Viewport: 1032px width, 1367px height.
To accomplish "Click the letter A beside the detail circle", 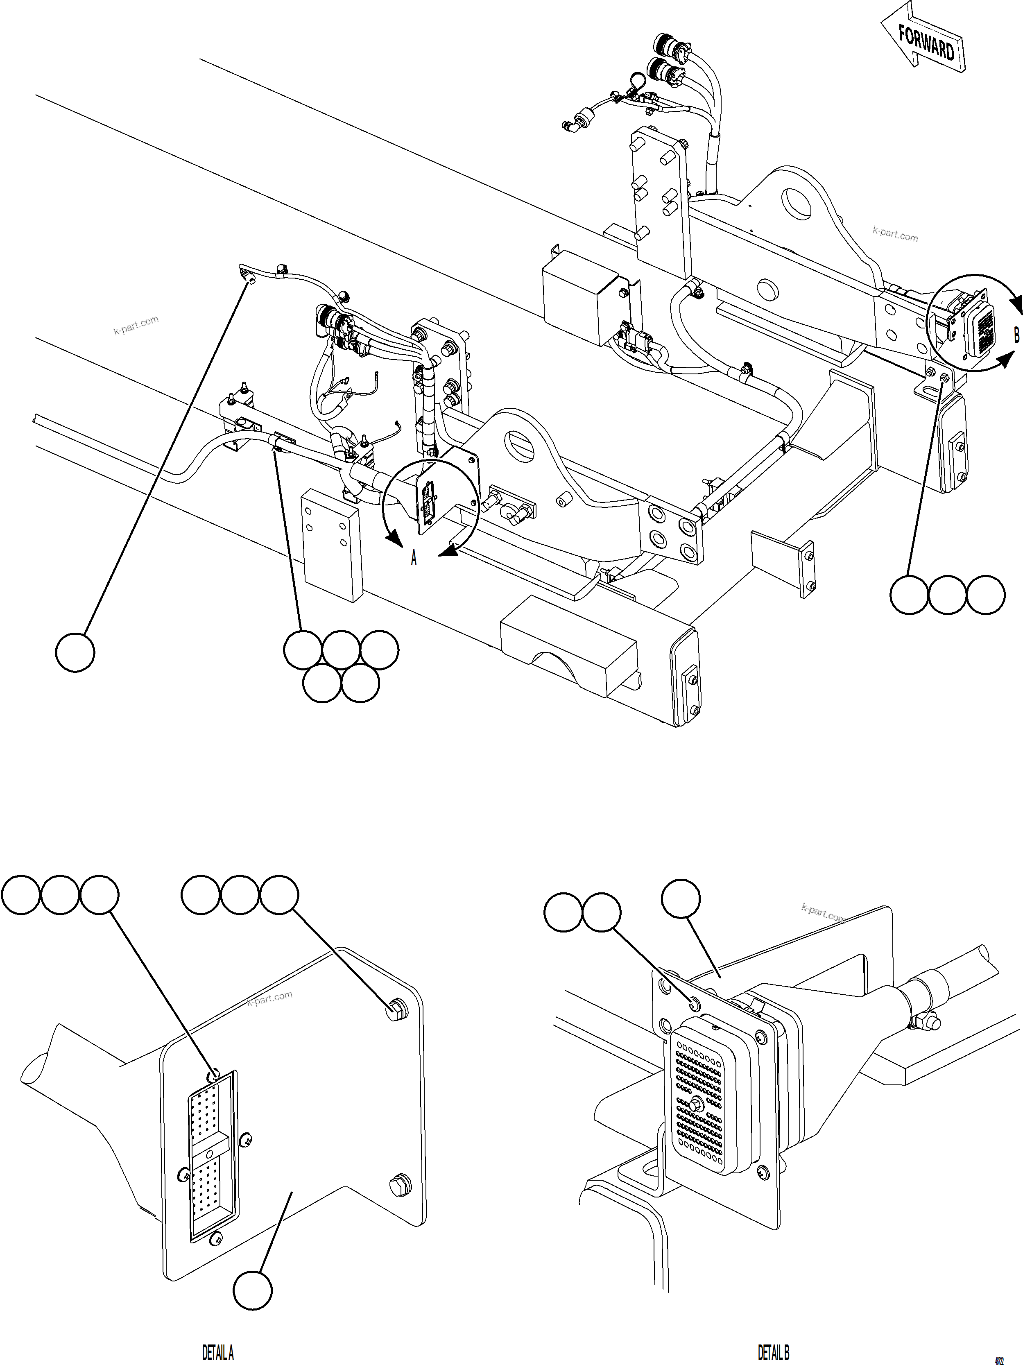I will pyautogui.click(x=414, y=559).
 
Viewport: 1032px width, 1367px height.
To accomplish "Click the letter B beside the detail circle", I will pyautogui.click(x=1016, y=335).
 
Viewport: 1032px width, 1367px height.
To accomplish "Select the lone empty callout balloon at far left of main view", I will pyautogui.click(x=75, y=652).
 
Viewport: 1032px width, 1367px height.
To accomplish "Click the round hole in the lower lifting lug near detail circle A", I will pyautogui.click(x=521, y=446).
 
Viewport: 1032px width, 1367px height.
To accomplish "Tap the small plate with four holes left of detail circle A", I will pyautogui.click(x=330, y=544).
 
